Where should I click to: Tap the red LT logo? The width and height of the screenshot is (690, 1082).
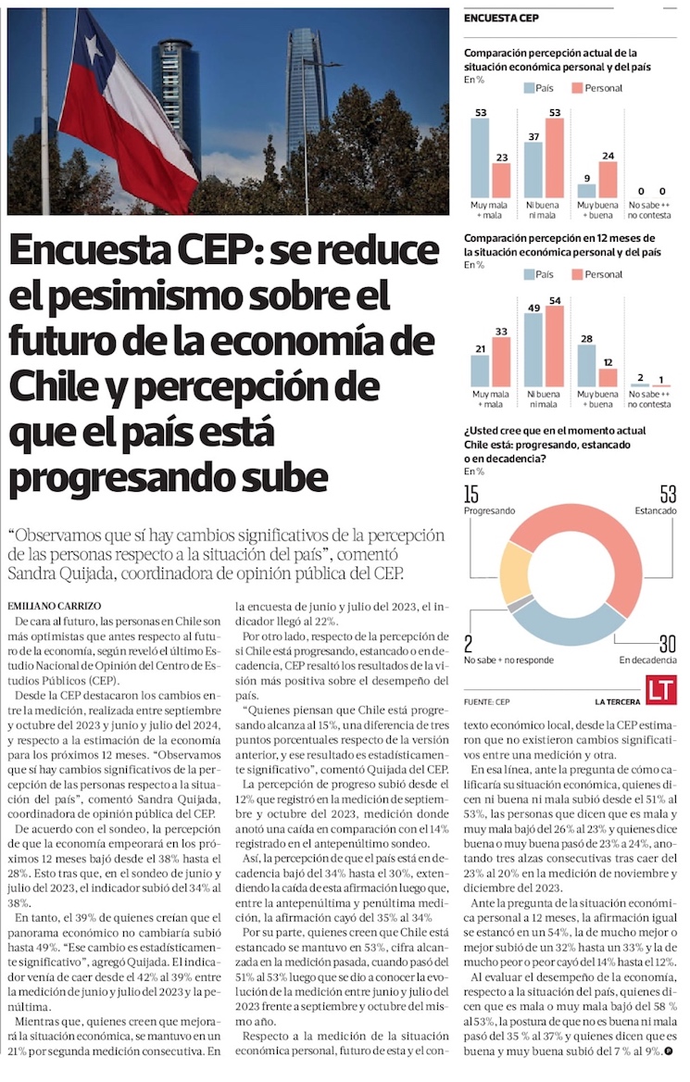pyautogui.click(x=661, y=690)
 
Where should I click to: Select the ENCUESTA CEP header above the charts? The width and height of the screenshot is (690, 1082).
pyautogui.click(x=501, y=18)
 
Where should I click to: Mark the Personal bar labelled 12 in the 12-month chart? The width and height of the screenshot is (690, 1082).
pyautogui.click(x=608, y=377)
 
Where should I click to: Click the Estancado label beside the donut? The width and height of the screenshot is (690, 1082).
pyautogui.click(x=656, y=510)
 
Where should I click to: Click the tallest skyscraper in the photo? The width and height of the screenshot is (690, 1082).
pyautogui.click(x=305, y=93)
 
